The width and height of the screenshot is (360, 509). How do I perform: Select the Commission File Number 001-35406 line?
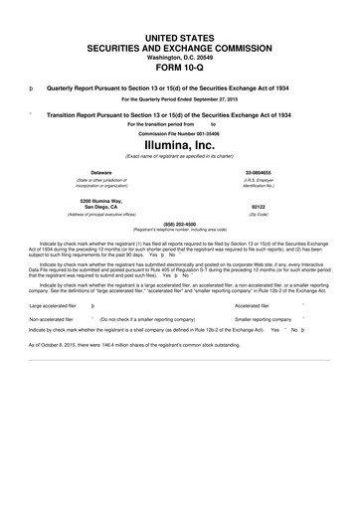180,131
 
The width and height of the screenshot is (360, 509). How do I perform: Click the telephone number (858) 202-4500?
180,223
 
